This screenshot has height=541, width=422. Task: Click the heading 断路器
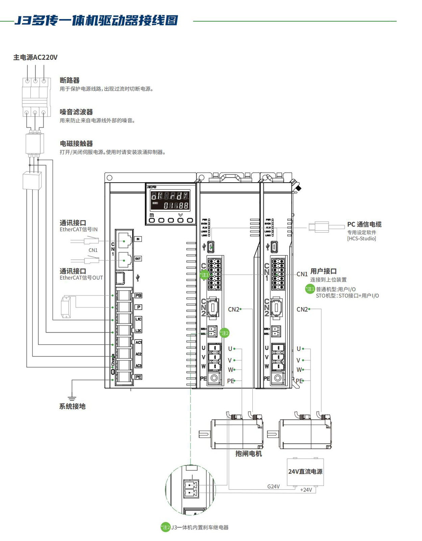pos(70,80)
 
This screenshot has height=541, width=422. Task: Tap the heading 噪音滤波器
pos(76,112)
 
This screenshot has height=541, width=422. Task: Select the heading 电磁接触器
pos(76,144)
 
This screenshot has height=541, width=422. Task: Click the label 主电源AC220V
pos(35,57)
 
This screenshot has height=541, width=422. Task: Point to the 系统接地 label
pos(72,406)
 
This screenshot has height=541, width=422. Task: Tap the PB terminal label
pos(138,296)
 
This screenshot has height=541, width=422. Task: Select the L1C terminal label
pos(138,319)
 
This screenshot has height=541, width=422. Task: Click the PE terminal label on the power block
pos(138,377)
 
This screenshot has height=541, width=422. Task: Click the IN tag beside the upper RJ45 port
pos(138,239)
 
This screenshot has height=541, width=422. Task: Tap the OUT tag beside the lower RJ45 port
pos(138,259)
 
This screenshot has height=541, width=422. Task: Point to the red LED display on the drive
pos(170,200)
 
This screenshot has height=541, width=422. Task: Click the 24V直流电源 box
pos(305,472)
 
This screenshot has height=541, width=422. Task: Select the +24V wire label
pos(306,490)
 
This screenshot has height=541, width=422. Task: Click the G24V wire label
pos(273,487)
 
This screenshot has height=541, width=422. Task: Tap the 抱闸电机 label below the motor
pos(249,454)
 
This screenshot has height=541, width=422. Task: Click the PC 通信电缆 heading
pos(364,224)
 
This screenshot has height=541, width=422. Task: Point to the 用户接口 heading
pos(323,271)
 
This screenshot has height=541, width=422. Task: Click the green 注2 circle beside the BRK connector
pos(225,333)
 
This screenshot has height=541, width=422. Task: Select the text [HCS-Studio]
pos(362,239)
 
